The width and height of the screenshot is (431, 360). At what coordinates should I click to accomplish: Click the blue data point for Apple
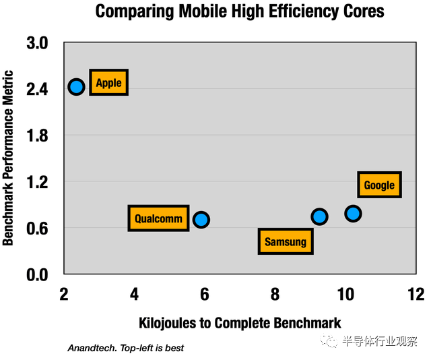coord(76,86)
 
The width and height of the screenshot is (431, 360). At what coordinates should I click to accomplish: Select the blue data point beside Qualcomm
coord(201,219)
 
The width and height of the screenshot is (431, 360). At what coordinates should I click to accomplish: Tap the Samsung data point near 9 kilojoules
coord(319,216)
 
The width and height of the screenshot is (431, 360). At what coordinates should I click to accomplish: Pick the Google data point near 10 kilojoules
coord(353,214)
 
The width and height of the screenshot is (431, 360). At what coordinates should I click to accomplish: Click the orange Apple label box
coord(108,83)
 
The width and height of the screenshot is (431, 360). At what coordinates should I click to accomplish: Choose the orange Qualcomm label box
coord(158,218)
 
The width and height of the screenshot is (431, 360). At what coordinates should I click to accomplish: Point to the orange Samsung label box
coord(285,241)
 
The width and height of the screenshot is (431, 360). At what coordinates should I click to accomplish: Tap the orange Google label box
coord(379,185)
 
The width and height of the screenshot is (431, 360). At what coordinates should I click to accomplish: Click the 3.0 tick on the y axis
coord(38,43)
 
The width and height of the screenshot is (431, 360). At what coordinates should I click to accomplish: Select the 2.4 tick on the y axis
coord(38,89)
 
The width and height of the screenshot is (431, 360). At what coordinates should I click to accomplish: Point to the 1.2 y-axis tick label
coord(38,182)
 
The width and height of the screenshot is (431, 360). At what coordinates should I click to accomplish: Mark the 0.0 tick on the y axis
coord(38,274)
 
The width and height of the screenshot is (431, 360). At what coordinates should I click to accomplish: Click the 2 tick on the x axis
coord(64,294)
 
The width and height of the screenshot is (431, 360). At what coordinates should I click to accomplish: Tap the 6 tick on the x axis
coord(205,294)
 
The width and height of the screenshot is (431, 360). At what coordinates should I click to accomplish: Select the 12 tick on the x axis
coord(416,294)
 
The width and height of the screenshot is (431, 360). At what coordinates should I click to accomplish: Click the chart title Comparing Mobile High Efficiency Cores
coord(239,11)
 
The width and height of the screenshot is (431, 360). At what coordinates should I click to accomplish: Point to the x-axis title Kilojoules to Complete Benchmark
coord(240,322)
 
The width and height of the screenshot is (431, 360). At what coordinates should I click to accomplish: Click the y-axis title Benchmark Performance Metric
coord(9,158)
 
